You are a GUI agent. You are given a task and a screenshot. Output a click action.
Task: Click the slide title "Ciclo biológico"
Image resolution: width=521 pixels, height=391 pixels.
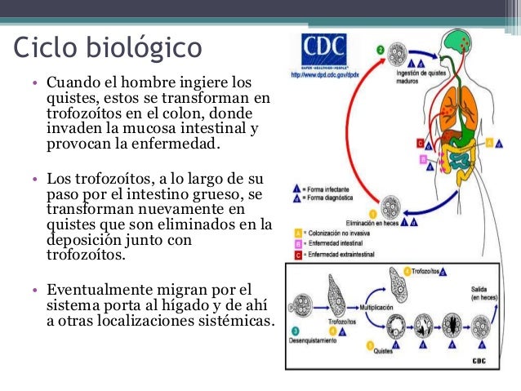pyautogui.click(x=107, y=46)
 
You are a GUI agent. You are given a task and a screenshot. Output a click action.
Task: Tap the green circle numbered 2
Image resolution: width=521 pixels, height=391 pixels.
pyautogui.click(x=380, y=50)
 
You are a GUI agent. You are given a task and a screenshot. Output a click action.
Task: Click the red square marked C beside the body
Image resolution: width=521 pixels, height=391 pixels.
pyautogui.click(x=420, y=144)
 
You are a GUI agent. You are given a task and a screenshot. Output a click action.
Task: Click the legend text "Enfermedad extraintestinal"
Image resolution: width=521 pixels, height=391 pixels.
pyautogui.click(x=341, y=255)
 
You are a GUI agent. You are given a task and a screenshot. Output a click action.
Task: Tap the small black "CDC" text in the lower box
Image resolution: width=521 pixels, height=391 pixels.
pyautogui.click(x=480, y=359)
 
